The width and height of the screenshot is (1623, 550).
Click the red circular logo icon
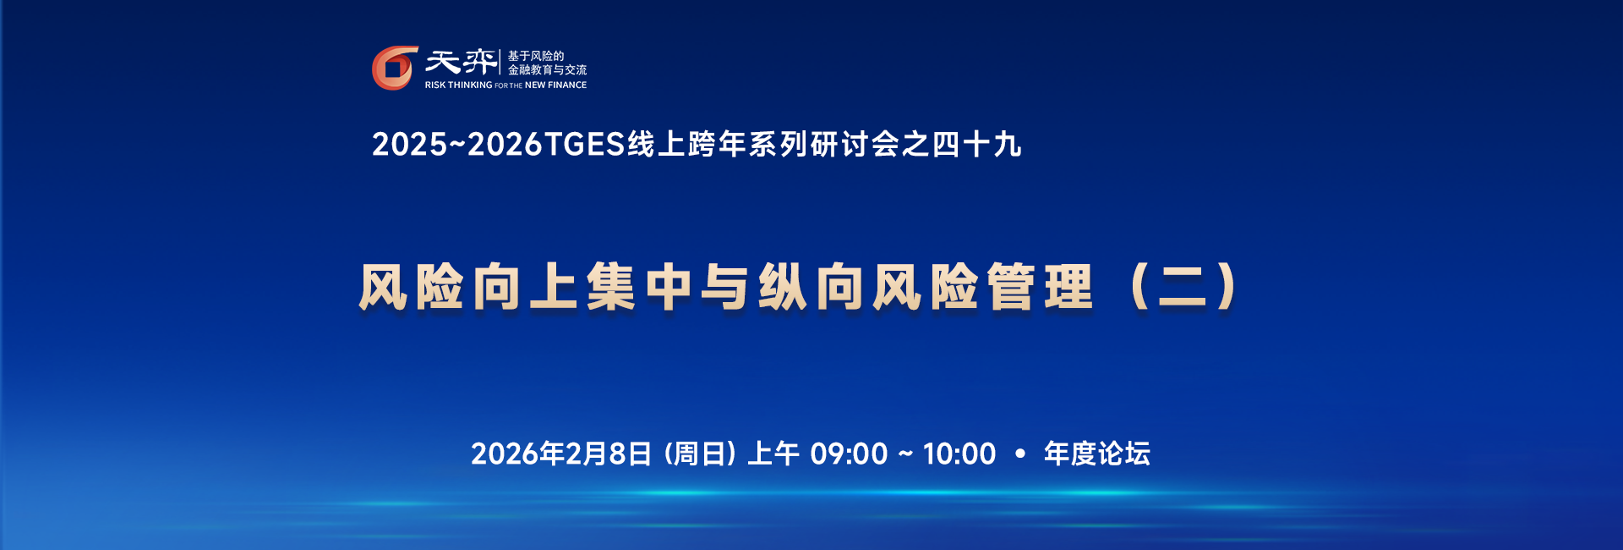pos(395,68)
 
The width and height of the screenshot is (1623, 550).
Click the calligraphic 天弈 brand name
pos(461,62)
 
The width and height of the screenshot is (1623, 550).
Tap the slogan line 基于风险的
pos(535,56)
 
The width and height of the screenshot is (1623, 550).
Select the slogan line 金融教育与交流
pos(547,69)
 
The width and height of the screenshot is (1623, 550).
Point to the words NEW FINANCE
pos(555,85)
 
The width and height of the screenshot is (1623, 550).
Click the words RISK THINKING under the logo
pos(458,85)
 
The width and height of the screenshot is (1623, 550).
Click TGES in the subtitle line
pos(584,145)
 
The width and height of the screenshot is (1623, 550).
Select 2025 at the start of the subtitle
pos(409,145)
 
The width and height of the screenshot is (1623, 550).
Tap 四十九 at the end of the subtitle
pos(977,145)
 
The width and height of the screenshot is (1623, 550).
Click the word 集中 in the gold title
pos(639,287)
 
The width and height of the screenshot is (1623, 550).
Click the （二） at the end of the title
pos(1183,287)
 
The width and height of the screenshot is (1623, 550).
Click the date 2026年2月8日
pos(561,454)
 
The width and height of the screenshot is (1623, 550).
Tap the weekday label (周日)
pos(700,454)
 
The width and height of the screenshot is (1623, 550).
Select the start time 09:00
pos(849,454)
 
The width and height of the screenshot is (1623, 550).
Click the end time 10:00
pos(959,454)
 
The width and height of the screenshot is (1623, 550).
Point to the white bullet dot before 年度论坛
pos(1020,454)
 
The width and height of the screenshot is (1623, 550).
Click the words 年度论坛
pos(1097,454)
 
